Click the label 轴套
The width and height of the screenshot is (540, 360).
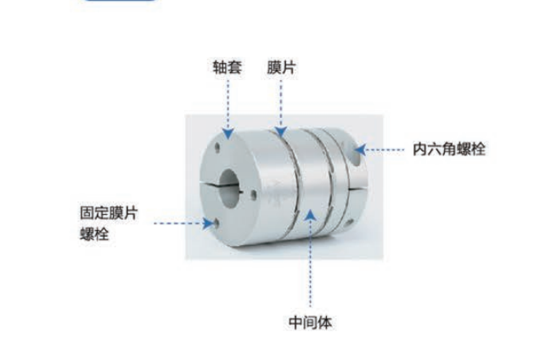pos(227,67)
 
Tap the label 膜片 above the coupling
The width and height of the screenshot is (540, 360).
pos(281,67)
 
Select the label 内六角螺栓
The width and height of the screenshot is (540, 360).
pos(449,149)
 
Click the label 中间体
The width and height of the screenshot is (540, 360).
pos(310,323)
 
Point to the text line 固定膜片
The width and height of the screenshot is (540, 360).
pos(109,213)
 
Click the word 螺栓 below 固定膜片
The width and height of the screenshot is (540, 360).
pos(94,233)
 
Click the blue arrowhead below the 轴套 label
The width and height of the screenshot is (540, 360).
pos(228,133)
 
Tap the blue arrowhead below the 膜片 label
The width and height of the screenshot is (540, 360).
pos(281,132)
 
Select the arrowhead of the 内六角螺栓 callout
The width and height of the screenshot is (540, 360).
pos(360,149)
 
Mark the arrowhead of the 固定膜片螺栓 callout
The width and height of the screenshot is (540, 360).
pos(208,223)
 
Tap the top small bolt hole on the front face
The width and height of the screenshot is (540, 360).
pos(217,148)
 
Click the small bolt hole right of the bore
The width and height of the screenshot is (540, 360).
pos(254,194)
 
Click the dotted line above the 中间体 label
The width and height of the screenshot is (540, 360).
pos(311,264)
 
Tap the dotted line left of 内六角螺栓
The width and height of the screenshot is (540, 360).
pos(385,149)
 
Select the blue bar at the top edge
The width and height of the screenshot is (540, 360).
pos(120,1)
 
